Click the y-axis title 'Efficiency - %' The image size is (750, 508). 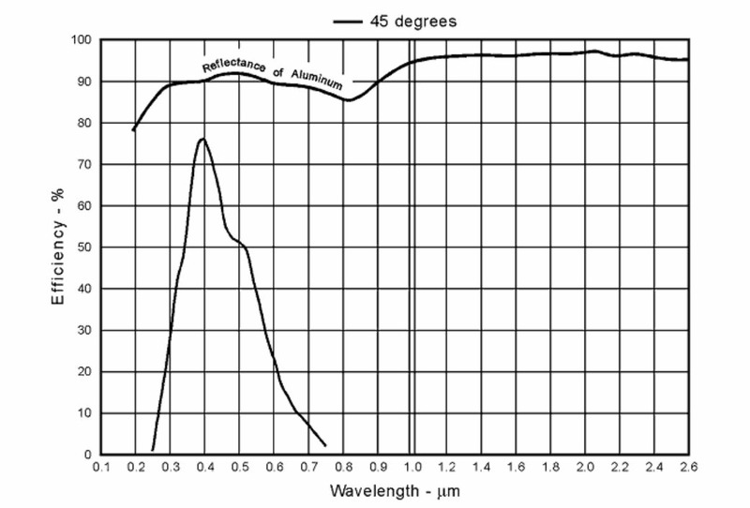[58, 247]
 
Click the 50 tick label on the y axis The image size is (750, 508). [82, 247]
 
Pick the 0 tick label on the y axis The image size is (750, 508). [86, 455]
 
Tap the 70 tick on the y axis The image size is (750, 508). [82, 164]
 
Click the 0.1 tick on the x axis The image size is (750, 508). [102, 467]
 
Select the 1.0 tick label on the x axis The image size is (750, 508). [413, 467]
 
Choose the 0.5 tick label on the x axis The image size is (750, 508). [240, 467]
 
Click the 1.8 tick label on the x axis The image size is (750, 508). [551, 467]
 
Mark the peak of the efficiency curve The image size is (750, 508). [202, 139]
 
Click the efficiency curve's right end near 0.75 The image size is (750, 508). [324, 445]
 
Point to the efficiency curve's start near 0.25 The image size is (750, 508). [153, 450]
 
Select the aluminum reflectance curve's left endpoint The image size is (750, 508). [134, 129]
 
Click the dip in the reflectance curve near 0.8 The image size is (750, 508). [348, 99]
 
